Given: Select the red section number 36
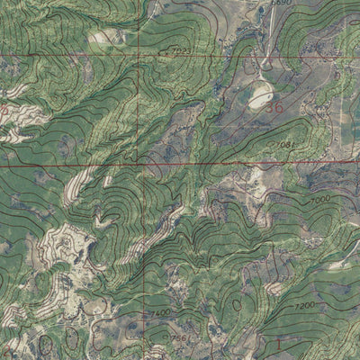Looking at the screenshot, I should pos(273,107).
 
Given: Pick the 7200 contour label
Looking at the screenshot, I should pos(303,306).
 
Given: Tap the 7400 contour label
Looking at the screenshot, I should pos(160,312).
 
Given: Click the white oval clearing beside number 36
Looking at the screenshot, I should pos(262,94).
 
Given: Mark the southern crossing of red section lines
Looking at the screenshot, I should pos(142,165).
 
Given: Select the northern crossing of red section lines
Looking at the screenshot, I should pos(141,56).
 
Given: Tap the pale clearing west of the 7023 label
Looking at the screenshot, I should pos(109,37).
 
